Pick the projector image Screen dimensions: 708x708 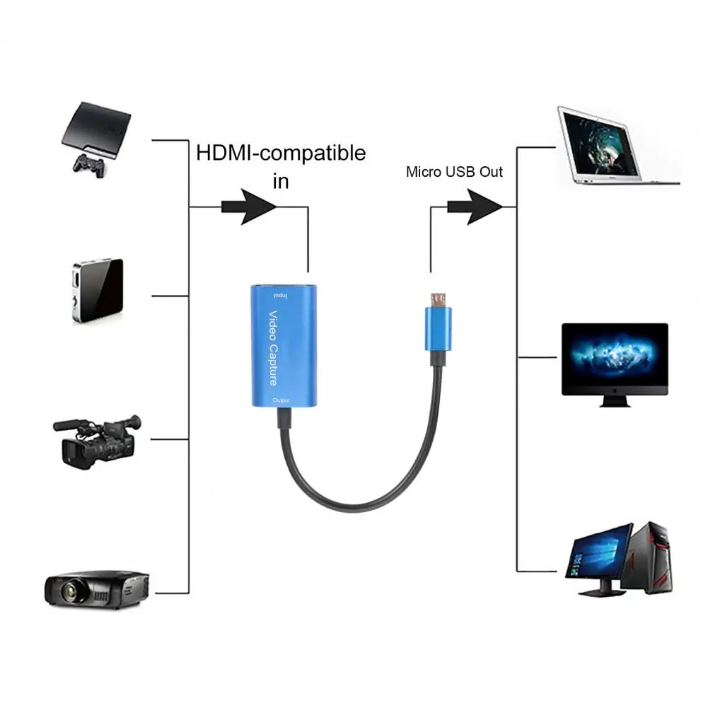tap(95, 584)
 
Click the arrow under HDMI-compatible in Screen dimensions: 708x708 tap(249, 207)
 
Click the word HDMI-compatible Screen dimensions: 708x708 tap(281, 152)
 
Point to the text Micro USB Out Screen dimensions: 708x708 tap(454, 172)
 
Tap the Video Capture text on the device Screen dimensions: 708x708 tap(274, 347)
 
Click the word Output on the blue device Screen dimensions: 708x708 tap(281, 402)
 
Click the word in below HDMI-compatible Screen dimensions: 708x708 tap(281, 182)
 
